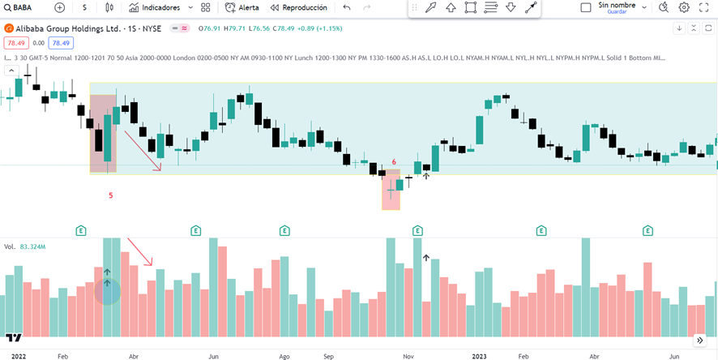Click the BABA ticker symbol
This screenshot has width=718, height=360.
coord(22,7)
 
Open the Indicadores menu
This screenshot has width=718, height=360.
coord(160,7)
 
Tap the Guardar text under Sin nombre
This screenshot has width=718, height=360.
coord(618,12)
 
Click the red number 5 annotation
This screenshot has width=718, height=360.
coord(111,195)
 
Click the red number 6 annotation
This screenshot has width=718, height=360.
coord(394,162)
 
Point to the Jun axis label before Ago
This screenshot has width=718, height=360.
coord(214,355)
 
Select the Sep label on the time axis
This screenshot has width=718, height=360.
coord(328,355)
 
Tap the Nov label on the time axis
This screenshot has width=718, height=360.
coord(408,355)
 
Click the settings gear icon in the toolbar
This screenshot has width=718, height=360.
coord(683,7)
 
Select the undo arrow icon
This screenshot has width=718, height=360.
coord(347,7)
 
